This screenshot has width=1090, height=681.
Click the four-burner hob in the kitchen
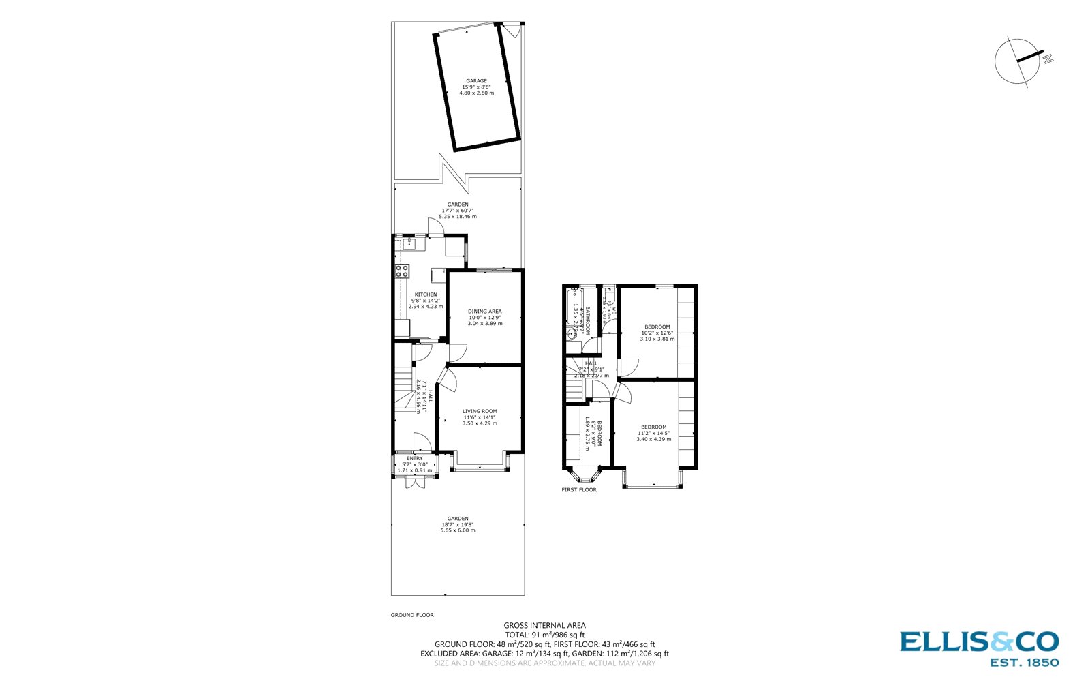(403, 271)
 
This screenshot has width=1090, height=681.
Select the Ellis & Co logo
(979, 647)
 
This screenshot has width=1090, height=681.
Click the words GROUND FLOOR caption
(411, 615)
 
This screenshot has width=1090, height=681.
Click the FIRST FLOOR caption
(578, 489)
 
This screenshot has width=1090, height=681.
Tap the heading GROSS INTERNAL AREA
(544, 625)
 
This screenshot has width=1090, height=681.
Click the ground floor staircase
(405, 389)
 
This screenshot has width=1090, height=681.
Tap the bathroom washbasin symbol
(572, 333)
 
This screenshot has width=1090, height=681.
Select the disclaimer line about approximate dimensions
(544, 663)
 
